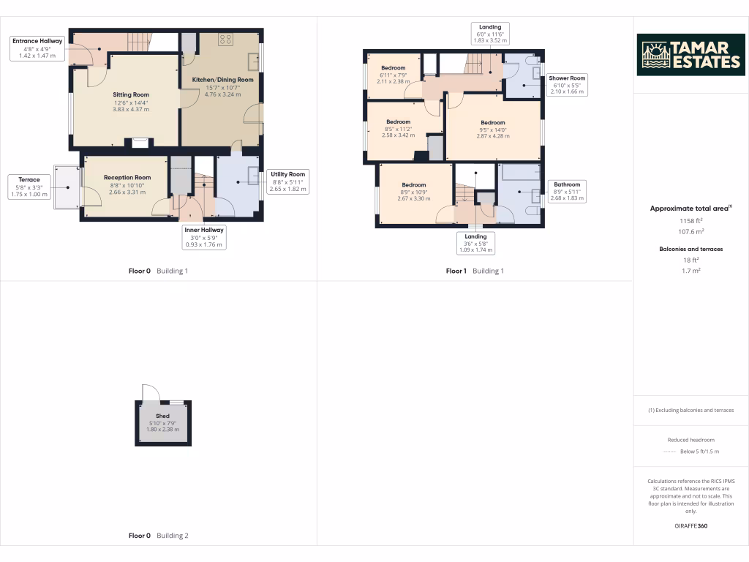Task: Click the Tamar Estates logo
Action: click(x=690, y=55)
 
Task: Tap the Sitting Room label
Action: click(x=131, y=94)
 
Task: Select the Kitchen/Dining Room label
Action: click(x=222, y=80)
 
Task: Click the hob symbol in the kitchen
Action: click(x=226, y=40)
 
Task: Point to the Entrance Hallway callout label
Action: click(x=37, y=48)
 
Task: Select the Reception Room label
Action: click(x=127, y=177)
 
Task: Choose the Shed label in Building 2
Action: click(x=162, y=416)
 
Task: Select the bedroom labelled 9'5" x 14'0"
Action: click(x=492, y=122)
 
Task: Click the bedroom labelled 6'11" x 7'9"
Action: click(x=393, y=68)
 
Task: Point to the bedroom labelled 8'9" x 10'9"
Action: click(x=413, y=184)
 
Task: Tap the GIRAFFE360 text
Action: click(x=690, y=525)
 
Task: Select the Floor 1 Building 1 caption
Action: click(x=475, y=271)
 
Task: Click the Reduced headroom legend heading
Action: click(x=690, y=440)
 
